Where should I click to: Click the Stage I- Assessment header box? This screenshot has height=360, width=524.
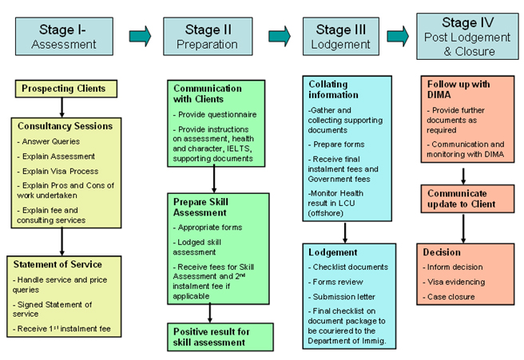click(64, 37)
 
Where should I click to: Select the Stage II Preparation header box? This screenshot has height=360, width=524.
click(203, 37)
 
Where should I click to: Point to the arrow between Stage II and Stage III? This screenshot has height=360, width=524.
click(279, 36)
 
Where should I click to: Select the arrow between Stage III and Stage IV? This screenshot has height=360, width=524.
click(398, 36)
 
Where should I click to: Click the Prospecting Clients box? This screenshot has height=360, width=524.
click(63, 89)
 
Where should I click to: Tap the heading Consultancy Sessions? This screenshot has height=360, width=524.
click(65, 126)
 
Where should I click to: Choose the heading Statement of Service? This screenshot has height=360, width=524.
click(57, 264)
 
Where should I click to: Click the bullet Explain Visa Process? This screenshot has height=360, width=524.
click(58, 171)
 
